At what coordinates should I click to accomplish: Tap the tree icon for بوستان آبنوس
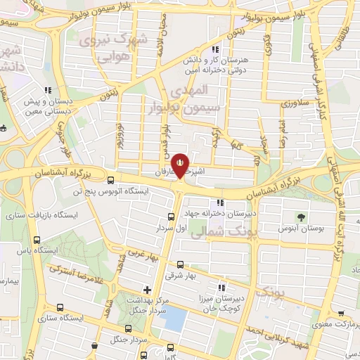pyautogui.click(x=301, y=216)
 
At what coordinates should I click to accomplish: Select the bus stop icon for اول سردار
pyautogui.click(x=171, y=217)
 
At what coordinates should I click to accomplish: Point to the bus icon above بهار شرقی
pyautogui.click(x=181, y=264)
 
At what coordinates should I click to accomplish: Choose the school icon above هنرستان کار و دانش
pyautogui.click(x=215, y=49)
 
